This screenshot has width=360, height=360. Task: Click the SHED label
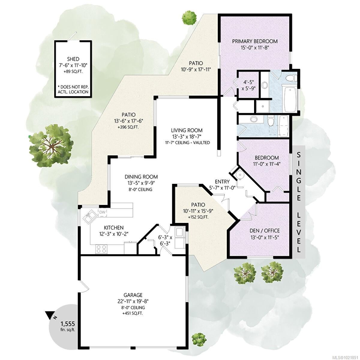[73, 59]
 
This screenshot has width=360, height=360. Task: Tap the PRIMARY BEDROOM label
[255, 41]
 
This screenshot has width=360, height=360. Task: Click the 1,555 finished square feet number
[67, 324]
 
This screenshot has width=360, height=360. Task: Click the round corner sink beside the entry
[239, 175]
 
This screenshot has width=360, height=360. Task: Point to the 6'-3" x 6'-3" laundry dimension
[165, 240]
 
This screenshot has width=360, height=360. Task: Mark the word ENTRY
[222, 181]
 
